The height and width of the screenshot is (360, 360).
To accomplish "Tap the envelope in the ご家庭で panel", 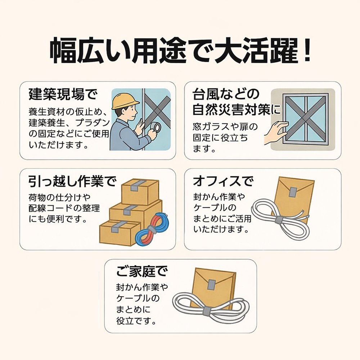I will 214,286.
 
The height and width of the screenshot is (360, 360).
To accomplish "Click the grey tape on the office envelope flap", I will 293,192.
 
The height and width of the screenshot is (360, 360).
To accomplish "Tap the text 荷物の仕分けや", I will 60,198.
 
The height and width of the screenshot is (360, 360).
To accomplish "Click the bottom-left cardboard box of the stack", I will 119,232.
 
